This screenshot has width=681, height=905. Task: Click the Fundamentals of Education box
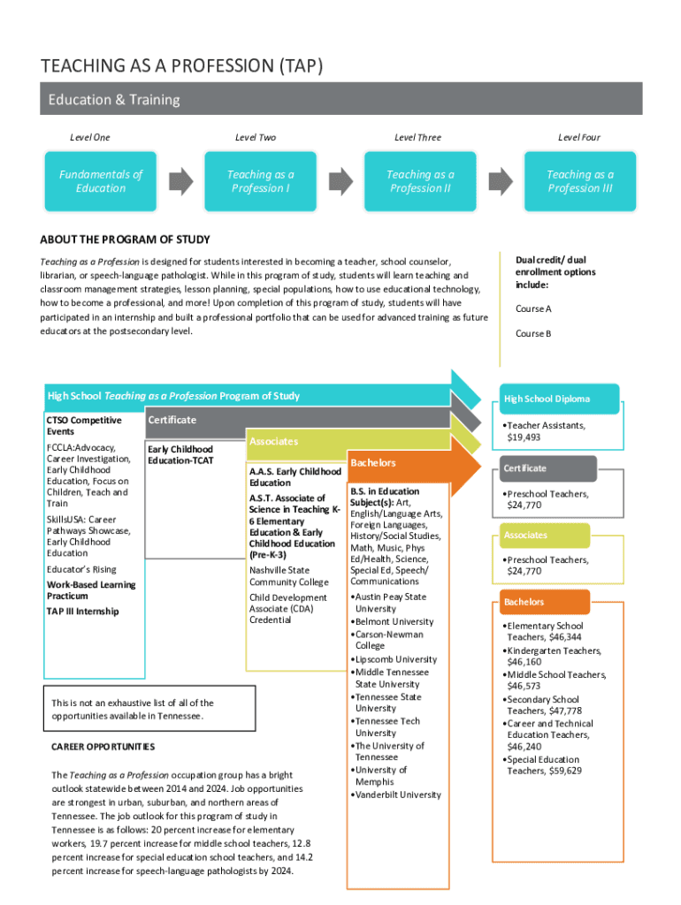[100, 181]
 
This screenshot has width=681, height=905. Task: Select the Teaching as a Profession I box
[260, 181]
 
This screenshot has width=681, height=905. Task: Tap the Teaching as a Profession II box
[420, 181]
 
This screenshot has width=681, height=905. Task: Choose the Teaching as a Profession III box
[579, 181]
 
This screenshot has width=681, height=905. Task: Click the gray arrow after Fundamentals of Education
[180, 180]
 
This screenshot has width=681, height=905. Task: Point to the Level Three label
[417, 138]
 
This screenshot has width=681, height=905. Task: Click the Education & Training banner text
[113, 100]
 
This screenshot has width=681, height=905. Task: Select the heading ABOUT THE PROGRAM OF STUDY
[125, 240]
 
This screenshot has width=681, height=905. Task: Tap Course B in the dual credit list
[533, 334]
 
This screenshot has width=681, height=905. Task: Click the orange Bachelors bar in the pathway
[402, 463]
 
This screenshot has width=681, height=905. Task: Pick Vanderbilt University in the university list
[397, 795]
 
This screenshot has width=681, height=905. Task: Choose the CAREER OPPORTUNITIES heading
[103, 747]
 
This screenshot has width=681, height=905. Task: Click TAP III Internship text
[82, 612]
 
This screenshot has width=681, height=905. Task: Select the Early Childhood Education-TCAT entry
[180, 455]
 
